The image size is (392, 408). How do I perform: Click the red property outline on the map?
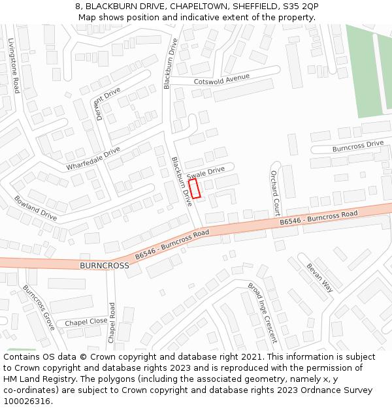click(x=194, y=189)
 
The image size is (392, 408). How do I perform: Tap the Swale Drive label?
click(x=205, y=173)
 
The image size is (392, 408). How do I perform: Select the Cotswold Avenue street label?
click(x=221, y=80)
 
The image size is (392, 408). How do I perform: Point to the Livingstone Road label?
click(x=14, y=65)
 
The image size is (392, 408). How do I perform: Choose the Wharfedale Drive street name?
click(x=93, y=159)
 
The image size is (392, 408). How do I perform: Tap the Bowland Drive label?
click(x=35, y=207)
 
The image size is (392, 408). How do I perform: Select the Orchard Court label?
click(x=275, y=193)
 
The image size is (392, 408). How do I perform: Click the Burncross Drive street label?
click(x=357, y=146)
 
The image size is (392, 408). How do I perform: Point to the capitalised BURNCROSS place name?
click(x=105, y=266)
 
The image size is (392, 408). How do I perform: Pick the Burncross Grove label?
click(x=39, y=307)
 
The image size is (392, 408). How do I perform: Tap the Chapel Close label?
click(x=86, y=322)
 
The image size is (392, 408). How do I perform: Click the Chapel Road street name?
click(x=112, y=322)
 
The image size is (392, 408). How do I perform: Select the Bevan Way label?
click(x=319, y=277)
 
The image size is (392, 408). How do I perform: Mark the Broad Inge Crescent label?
click(x=262, y=313)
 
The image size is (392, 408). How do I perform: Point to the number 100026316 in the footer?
click(x=27, y=401)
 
